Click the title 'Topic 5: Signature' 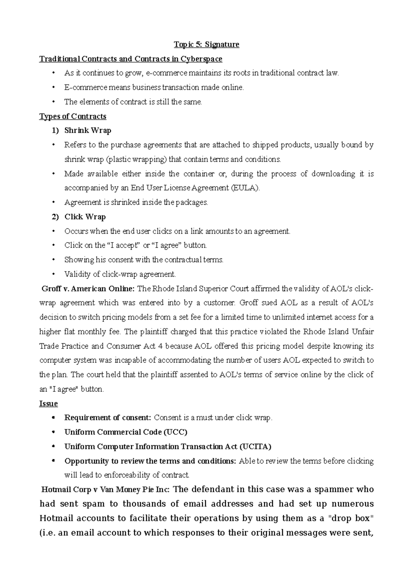click(206, 44)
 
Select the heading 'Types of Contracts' click(73, 116)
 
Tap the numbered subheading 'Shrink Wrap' click(87, 131)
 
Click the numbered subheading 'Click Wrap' click(85, 217)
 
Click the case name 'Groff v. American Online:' click(88, 289)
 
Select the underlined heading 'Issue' click(49, 403)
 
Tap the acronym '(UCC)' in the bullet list click(175, 432)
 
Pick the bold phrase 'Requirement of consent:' click(108, 418)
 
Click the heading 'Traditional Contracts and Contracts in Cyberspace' click(131, 59)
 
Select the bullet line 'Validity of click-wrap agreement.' click(120, 274)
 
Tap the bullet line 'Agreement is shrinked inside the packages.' click(136, 203)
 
